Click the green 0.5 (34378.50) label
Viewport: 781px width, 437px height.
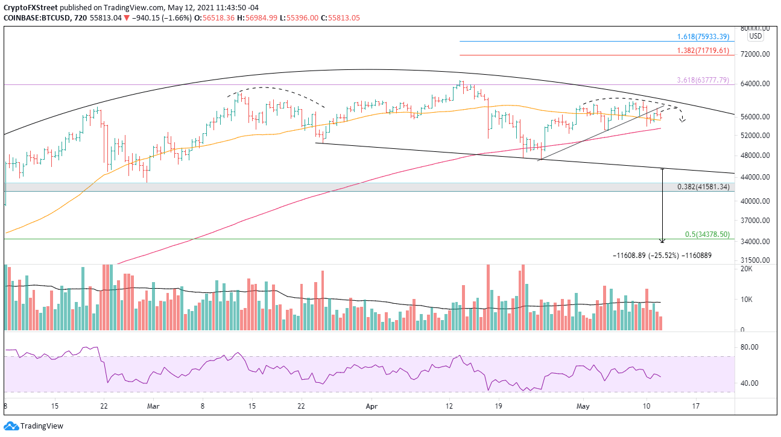707,234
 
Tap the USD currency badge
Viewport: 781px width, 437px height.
755,36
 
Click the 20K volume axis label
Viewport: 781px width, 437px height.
746,269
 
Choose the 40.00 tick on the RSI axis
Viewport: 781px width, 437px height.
749,383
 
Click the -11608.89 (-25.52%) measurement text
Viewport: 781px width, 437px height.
662,256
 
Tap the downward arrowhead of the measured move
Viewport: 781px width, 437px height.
663,241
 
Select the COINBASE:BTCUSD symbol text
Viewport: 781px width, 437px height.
32,17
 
